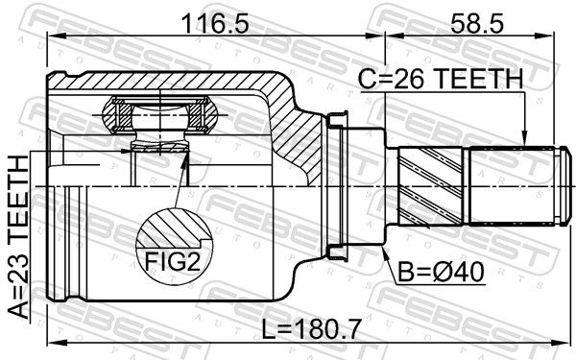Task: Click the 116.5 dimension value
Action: point(215,25)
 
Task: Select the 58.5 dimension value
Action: point(477,25)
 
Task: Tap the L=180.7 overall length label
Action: point(311,328)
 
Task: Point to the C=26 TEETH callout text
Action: point(441,80)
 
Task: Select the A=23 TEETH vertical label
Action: point(18,236)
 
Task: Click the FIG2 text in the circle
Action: point(173,261)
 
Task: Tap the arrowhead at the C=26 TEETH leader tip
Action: point(525,139)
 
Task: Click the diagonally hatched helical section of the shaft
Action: point(430,186)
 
